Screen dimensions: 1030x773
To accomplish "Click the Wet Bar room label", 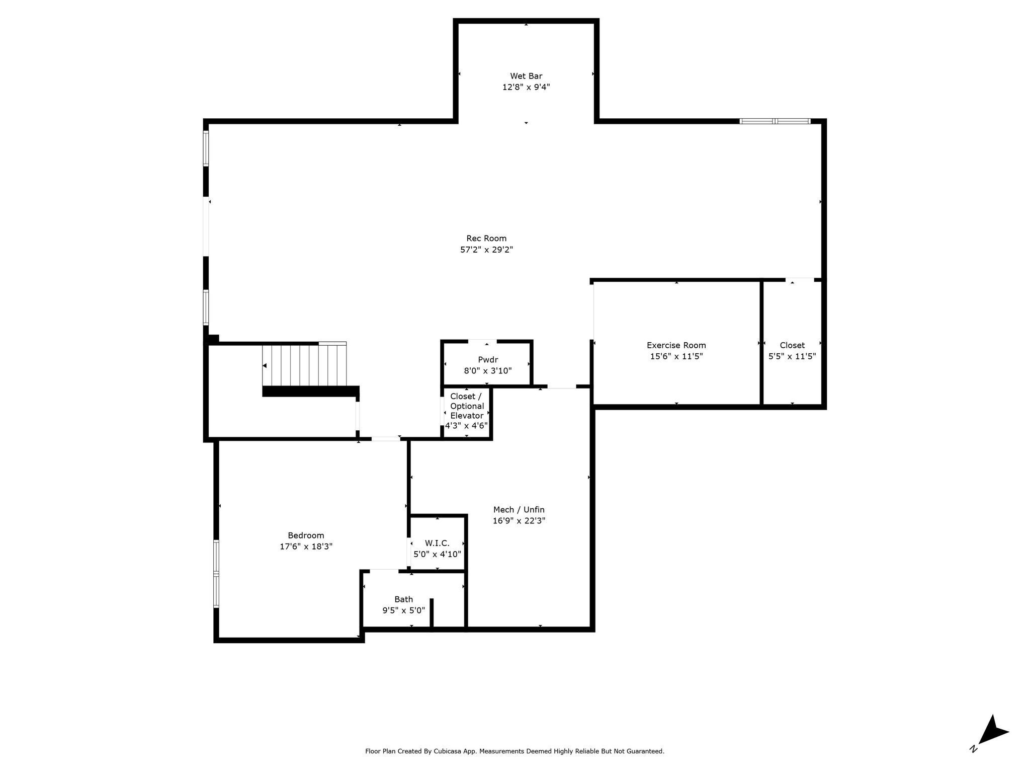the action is [526, 76].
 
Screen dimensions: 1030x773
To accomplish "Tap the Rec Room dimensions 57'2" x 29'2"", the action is [486, 250].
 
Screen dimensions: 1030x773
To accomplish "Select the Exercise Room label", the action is [676, 345].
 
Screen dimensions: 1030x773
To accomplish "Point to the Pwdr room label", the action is [488, 360].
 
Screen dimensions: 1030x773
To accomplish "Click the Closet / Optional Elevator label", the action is [467, 406].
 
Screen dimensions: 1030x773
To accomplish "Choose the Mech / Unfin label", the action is [519, 510].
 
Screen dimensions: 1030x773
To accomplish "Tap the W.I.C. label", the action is [437, 543].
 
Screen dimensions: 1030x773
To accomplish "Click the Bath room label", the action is [404, 599].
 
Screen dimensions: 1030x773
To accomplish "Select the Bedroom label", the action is [306, 535].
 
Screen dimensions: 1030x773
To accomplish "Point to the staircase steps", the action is [305, 364].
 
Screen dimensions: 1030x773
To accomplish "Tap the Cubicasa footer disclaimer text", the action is [514, 751].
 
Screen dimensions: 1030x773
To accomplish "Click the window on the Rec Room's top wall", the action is [775, 121].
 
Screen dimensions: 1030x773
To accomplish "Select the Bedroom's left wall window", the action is [216, 574].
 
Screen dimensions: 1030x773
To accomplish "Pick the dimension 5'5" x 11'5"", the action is [792, 356].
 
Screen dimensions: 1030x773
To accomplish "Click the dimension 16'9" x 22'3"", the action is [519, 521].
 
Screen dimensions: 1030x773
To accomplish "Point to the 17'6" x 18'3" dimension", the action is [306, 547].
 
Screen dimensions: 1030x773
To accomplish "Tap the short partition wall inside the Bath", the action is [432, 613].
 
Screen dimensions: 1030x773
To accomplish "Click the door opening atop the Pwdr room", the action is [482, 342].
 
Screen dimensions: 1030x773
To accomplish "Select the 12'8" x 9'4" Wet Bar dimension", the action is [526, 87].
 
